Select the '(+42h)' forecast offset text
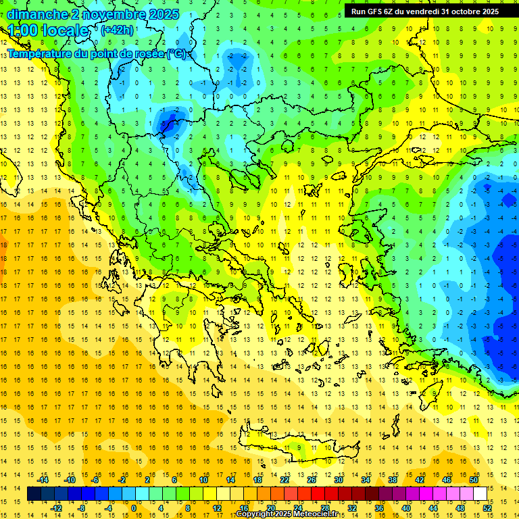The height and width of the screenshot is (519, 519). pyautogui.click(x=117, y=30)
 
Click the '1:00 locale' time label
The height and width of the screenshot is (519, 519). pyautogui.click(x=49, y=30)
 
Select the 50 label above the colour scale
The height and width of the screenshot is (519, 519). pyautogui.click(x=473, y=480)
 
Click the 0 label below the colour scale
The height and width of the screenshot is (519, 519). pyautogui.click(x=133, y=508)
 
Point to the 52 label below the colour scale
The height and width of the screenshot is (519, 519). pyautogui.click(x=487, y=508)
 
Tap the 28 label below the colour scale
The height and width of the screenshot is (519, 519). pyautogui.click(x=324, y=508)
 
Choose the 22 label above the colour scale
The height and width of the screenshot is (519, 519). pyautogui.click(x=285, y=480)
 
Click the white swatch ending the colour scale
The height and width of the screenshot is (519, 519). pyautogui.click(x=480, y=494)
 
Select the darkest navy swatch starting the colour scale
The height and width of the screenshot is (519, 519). pyautogui.click(x=34, y=494)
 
